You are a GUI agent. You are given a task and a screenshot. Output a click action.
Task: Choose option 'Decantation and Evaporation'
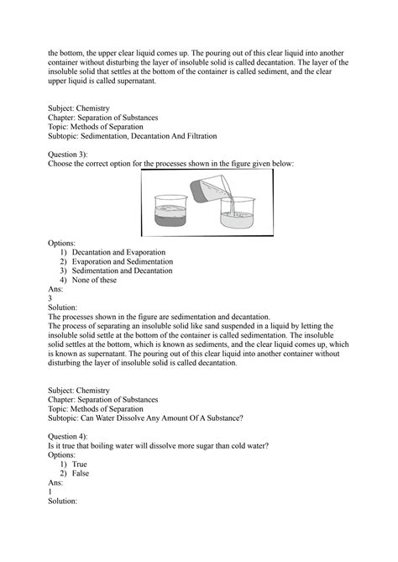point(118,252)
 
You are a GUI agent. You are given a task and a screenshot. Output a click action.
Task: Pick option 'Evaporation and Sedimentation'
point(122,261)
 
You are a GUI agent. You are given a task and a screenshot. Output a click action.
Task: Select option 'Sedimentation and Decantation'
point(123,270)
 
